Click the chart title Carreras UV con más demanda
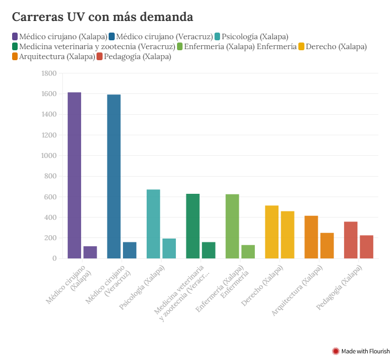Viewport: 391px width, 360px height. pyautogui.click(x=103, y=17)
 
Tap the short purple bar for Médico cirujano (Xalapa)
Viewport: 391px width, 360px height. pyautogui.click(x=90, y=252)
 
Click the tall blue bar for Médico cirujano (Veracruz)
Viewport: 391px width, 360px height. pyautogui.click(x=114, y=176)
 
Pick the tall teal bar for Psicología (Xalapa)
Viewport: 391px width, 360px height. pyautogui.click(x=153, y=224)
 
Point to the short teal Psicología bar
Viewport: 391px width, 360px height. pyautogui.click(x=169, y=248)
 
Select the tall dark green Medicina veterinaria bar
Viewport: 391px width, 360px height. pyautogui.click(x=192, y=226)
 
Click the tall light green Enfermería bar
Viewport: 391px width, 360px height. pyautogui.click(x=232, y=226)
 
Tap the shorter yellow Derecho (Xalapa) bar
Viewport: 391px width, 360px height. pyautogui.click(x=287, y=235)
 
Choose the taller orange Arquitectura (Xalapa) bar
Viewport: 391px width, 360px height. pyautogui.click(x=311, y=237)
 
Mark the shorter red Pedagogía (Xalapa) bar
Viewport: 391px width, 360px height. pyautogui.click(x=367, y=247)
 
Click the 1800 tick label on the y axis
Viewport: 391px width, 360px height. pyautogui.click(x=49, y=73)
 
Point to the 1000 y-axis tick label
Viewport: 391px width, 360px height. pyautogui.click(x=49, y=156)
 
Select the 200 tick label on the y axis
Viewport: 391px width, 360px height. pyautogui.click(x=50, y=238)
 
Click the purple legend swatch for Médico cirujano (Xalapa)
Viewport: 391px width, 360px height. pyautogui.click(x=15, y=36)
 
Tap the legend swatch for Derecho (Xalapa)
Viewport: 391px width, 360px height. pyautogui.click(x=301, y=46)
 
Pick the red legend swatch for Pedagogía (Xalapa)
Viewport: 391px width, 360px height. pyautogui.click(x=100, y=56)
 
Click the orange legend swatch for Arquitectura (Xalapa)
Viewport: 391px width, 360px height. pyautogui.click(x=15, y=56)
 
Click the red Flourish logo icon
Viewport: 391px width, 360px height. pyautogui.click(x=335, y=351)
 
